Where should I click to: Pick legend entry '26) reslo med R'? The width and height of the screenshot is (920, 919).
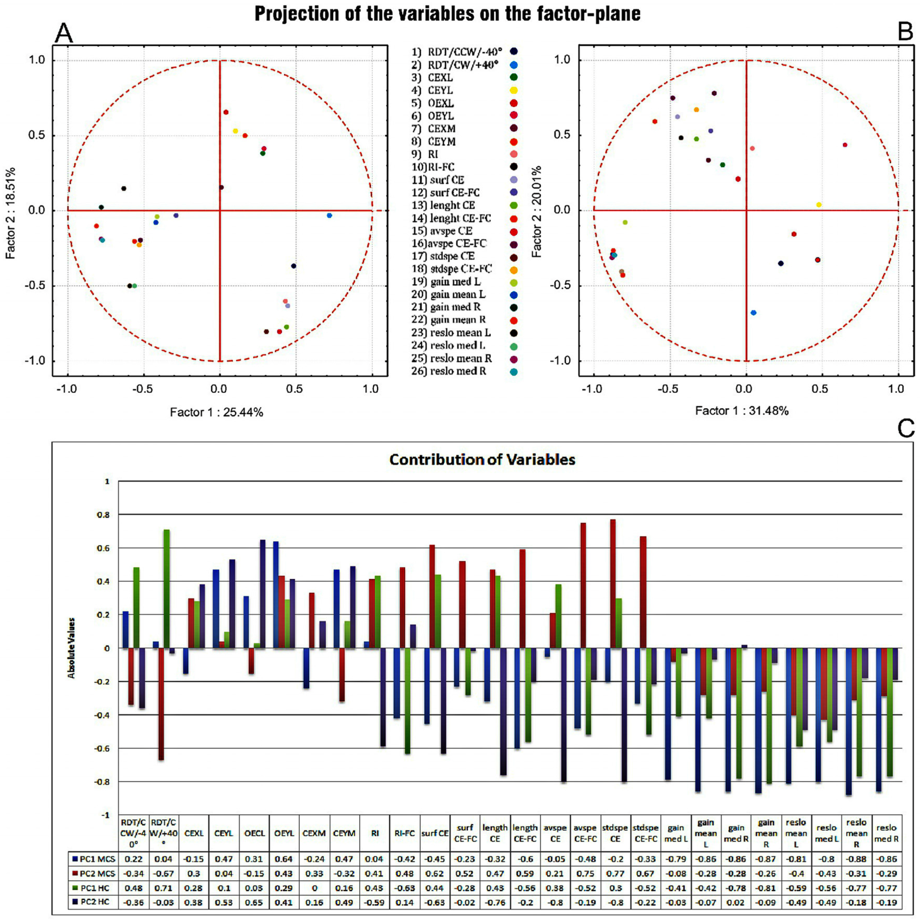pyautogui.click(x=449, y=371)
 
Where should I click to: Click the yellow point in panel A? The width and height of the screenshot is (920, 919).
pyautogui.click(x=235, y=131)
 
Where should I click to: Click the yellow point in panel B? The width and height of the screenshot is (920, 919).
pyautogui.click(x=818, y=205)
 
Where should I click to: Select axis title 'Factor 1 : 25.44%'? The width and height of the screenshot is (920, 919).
pyautogui.click(x=216, y=412)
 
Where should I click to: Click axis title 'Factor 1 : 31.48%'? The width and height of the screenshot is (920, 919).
pyautogui.click(x=742, y=411)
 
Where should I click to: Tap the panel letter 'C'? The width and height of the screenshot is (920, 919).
pyautogui.click(x=905, y=429)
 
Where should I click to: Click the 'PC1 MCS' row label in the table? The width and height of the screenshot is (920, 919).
pyautogui.click(x=94, y=860)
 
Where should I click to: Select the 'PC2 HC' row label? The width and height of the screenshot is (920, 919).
pyautogui.click(x=94, y=902)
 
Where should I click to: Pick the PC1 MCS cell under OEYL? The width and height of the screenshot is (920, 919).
pyautogui.click(x=284, y=860)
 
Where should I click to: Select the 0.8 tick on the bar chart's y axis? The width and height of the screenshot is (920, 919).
pyautogui.click(x=107, y=515)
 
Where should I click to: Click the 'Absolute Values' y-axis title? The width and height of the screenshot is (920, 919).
pyautogui.click(x=71, y=648)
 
